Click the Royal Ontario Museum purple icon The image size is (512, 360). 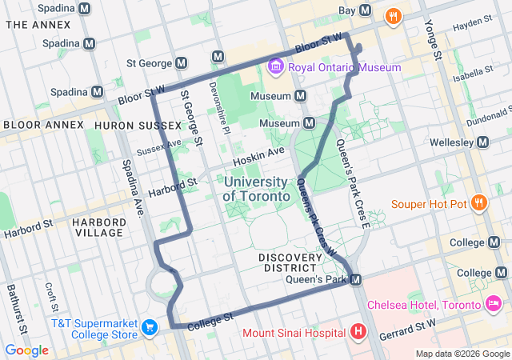pos(276,66)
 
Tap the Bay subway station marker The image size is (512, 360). pos(366,10)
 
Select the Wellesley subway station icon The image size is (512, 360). pos(482,142)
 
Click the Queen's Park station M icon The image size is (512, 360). pos(357,279)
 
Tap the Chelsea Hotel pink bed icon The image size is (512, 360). pos(494,305)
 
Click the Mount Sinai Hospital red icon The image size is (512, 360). pos(358,331)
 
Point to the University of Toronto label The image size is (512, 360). pos(256,189)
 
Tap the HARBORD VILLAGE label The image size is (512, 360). pos(98,226)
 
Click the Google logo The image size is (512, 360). pos(27,350)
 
